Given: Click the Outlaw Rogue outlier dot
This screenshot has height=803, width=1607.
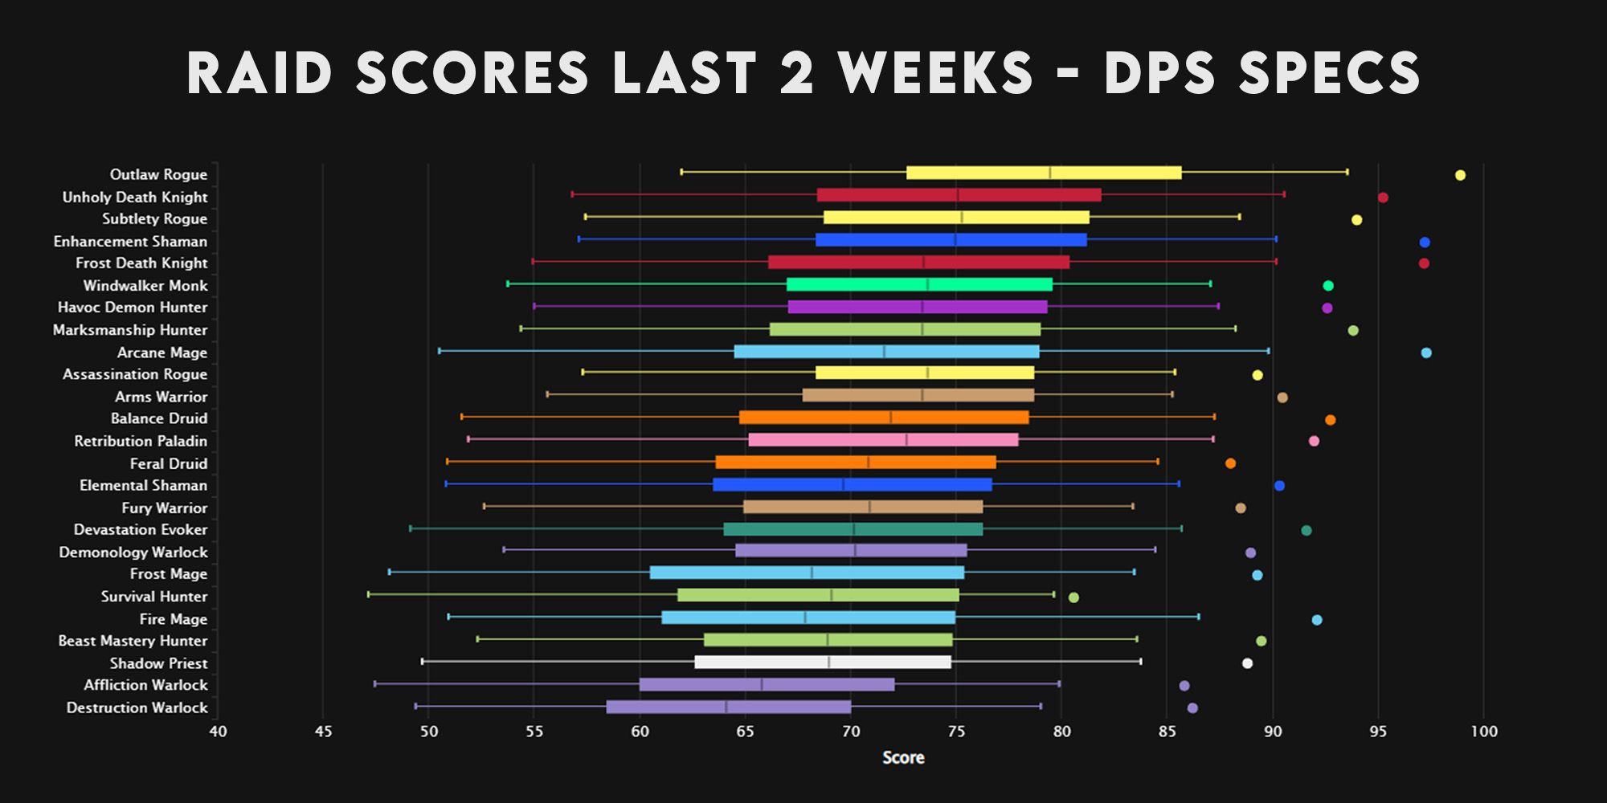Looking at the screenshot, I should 1460,175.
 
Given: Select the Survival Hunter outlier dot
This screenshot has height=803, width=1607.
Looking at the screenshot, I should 1073,597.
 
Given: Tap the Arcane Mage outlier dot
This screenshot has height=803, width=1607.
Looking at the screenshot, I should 1426,353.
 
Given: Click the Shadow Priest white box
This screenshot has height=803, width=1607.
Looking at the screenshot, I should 823,662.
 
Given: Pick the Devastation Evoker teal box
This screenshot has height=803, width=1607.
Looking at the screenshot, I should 853,529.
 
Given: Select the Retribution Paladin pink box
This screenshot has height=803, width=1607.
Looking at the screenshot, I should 883,440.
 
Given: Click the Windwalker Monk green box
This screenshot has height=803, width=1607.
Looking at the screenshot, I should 919,284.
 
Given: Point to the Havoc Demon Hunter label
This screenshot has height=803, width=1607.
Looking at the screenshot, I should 133,308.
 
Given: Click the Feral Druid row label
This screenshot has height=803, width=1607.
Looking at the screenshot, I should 169,463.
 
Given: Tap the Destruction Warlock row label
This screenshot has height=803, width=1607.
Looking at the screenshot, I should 137,707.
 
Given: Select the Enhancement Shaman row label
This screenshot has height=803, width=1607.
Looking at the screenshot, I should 130,241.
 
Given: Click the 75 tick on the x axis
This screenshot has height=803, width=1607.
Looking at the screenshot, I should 956,732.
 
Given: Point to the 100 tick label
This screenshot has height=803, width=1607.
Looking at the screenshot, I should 1483,732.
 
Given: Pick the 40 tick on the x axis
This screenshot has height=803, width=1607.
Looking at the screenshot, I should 218,732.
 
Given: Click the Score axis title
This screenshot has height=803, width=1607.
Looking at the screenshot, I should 903,757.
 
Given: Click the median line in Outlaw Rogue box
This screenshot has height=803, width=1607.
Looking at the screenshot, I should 1050,173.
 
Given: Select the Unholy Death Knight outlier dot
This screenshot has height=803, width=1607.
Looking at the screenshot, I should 1383,198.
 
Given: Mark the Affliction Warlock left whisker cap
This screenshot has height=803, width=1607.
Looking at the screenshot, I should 374,684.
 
